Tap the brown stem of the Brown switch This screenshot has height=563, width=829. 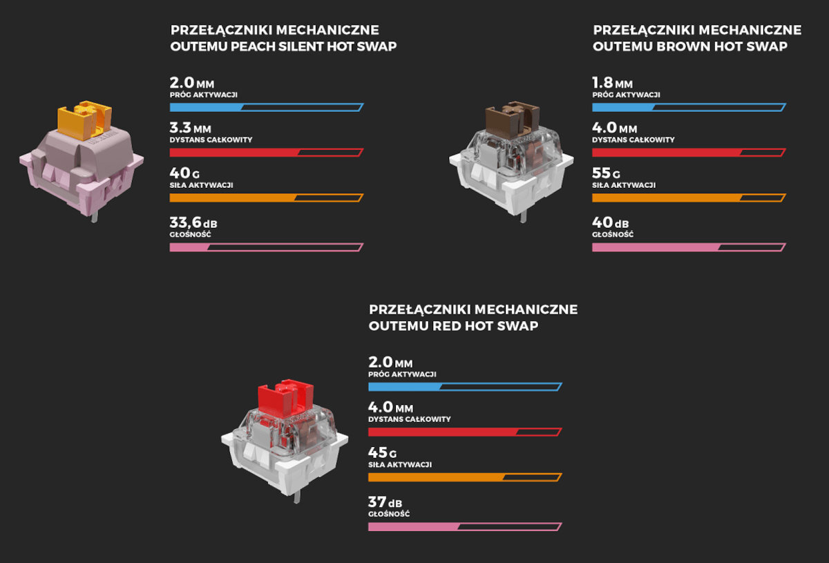point(512,117)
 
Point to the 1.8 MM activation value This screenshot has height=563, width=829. point(612,83)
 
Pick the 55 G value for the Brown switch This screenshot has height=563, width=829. point(606,173)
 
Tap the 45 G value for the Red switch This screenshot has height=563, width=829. point(383,453)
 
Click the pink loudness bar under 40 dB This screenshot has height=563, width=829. point(688,247)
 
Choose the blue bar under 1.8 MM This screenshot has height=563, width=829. point(688,107)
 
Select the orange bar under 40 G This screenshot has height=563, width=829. point(266,198)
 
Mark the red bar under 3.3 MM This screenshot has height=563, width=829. point(266,152)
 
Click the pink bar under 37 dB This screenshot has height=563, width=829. point(464,526)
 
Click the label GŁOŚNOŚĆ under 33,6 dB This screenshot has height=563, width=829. point(190,235)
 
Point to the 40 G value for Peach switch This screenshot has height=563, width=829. point(185,173)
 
